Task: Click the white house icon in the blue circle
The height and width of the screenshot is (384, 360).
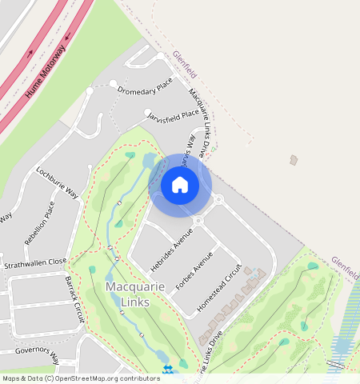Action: pos(180,185)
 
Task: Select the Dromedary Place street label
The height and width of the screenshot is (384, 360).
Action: pos(145,85)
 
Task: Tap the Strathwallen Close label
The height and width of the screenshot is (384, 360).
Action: pos(35,262)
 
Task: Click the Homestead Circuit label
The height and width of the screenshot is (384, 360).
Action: pos(218,287)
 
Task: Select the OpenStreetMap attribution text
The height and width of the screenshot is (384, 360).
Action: pos(81,378)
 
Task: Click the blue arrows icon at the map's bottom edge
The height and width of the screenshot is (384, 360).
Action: pos(168,369)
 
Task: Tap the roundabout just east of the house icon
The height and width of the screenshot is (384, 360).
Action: pos(217,199)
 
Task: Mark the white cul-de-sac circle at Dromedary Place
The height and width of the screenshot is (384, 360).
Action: pos(114,83)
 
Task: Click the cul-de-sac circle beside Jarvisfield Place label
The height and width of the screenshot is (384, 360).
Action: pos(147,113)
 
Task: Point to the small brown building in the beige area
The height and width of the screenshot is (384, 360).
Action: pos(294,160)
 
